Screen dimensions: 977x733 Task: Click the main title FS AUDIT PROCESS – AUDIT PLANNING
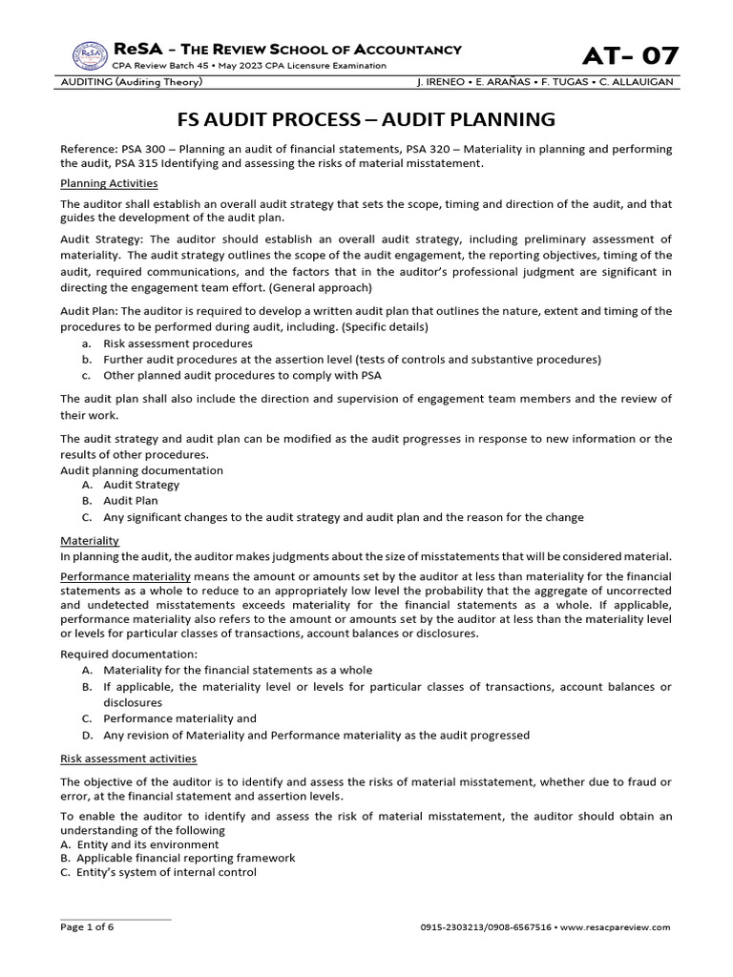click(366, 119)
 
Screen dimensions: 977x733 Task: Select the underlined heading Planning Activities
click(109, 183)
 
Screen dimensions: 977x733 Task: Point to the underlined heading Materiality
click(90, 540)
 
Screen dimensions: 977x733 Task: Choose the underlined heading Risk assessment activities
click(128, 759)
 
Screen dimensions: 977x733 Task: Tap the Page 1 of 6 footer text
click(87, 926)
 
